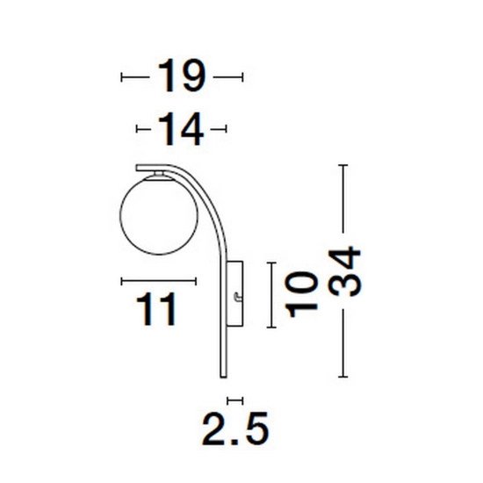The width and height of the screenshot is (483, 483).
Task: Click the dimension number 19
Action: point(182,76)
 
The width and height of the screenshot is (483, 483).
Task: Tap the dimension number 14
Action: point(181,129)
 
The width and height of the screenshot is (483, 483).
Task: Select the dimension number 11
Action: point(155,309)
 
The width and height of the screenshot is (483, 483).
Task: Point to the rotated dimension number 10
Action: point(301,294)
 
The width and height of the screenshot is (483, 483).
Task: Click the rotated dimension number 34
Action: point(344,271)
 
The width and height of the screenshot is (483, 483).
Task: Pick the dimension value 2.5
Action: point(235,429)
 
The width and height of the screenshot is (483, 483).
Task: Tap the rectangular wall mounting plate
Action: point(235,293)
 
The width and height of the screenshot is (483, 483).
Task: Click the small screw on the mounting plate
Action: point(237,298)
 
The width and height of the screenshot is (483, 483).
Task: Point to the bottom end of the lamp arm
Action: point(223,377)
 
